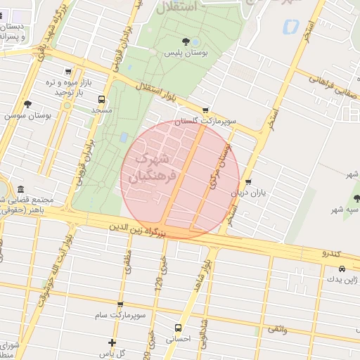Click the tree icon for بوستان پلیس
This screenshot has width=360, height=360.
pos(186,41)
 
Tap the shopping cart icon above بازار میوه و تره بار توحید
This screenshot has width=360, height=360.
pos(68,71)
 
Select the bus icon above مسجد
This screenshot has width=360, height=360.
pos(102,99)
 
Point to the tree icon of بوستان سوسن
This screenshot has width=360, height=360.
pos(27,104)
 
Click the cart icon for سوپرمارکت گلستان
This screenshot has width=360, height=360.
pos(205,110)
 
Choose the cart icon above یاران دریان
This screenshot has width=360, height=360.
pos(248,182)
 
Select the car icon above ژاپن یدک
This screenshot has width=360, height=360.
pos(342,269)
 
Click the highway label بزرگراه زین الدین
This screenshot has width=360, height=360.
pos(139,228)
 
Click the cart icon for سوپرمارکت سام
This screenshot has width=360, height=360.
pos(120,305)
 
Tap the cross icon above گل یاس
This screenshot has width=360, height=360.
pos(112,342)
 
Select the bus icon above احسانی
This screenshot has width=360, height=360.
pos(177,328)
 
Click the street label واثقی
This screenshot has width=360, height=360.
pos(276,328)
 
